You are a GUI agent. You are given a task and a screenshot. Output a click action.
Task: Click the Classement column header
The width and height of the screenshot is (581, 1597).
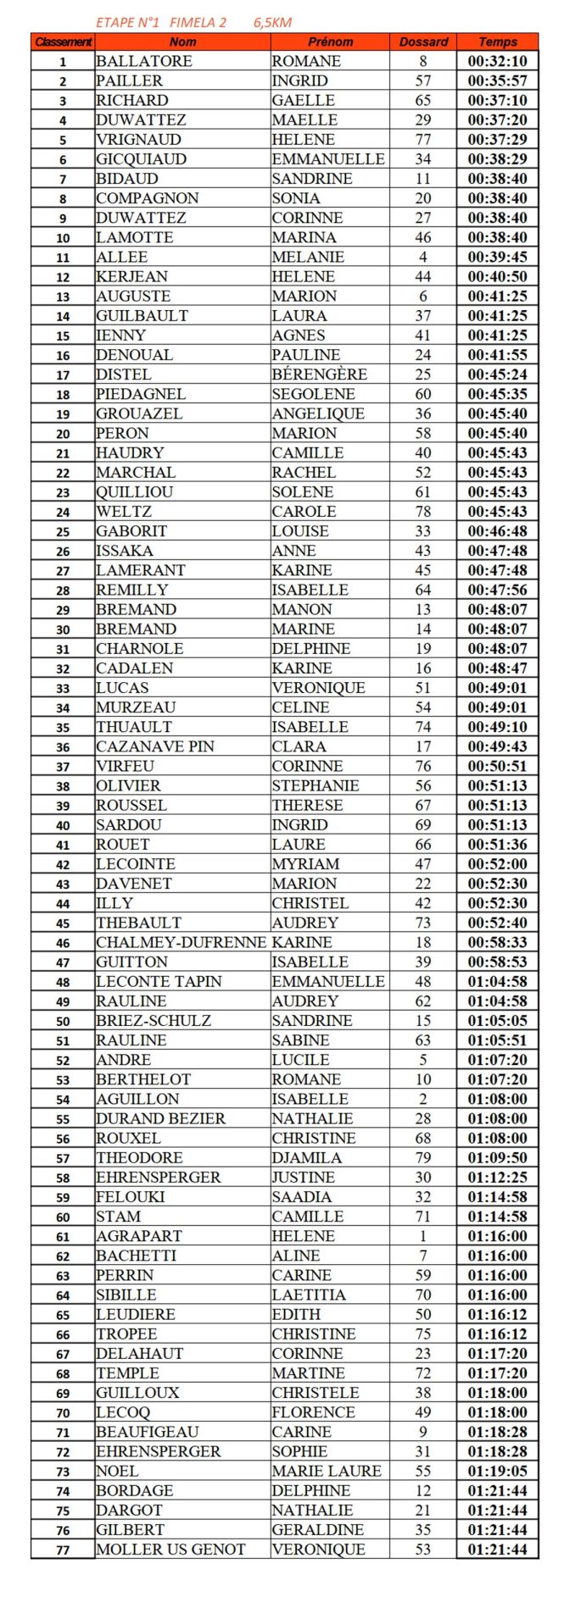[x=63, y=42]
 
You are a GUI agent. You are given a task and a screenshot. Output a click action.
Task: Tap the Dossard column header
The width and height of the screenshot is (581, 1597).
[x=422, y=42]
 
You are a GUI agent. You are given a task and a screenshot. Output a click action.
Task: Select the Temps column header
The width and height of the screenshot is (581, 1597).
[x=497, y=42]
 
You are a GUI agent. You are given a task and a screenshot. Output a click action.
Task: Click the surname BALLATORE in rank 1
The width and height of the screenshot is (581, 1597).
[x=144, y=61]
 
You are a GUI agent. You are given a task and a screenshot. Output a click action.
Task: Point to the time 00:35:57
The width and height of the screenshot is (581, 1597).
[x=497, y=80]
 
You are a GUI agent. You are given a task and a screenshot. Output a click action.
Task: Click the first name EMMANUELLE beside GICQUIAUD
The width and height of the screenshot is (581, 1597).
[x=327, y=159]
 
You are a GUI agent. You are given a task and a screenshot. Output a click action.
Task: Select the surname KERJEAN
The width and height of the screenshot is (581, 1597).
[x=132, y=276]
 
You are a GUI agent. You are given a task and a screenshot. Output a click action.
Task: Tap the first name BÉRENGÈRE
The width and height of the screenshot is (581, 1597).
[x=319, y=374]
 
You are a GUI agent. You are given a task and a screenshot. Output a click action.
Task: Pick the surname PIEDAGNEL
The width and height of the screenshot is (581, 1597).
[x=140, y=394]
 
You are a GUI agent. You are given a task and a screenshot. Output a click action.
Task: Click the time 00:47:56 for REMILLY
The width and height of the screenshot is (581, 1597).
[x=497, y=590]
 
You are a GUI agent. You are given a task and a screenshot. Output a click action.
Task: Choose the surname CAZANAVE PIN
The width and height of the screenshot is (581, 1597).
[x=155, y=746]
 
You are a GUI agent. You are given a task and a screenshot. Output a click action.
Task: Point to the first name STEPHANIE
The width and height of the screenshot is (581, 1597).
[x=316, y=785]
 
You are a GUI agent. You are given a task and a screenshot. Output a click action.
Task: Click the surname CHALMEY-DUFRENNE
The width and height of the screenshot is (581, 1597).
[x=181, y=942]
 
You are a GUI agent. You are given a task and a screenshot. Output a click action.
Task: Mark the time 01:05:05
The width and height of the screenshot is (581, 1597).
[x=497, y=1021]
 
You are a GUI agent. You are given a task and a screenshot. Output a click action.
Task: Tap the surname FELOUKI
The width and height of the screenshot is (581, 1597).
[x=131, y=1197]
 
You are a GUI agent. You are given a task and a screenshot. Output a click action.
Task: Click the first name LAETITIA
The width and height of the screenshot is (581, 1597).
[x=309, y=1295]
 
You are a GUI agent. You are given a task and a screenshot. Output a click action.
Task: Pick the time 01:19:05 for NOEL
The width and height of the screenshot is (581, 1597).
[x=497, y=1471]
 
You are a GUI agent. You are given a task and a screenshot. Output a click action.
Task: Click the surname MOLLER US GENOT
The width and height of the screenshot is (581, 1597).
[x=170, y=1550]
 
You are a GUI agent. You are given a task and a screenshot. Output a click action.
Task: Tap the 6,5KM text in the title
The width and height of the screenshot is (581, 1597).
[x=272, y=23]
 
